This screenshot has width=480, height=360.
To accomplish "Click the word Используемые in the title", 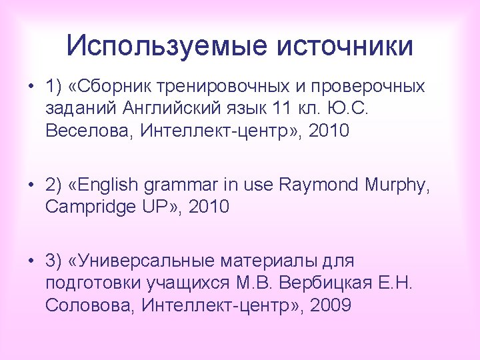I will pyautogui.click(x=167, y=46).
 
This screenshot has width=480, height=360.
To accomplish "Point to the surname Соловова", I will pyautogui.click(x=90, y=305).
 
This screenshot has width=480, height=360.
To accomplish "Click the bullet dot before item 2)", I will pyautogui.click(x=32, y=185).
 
